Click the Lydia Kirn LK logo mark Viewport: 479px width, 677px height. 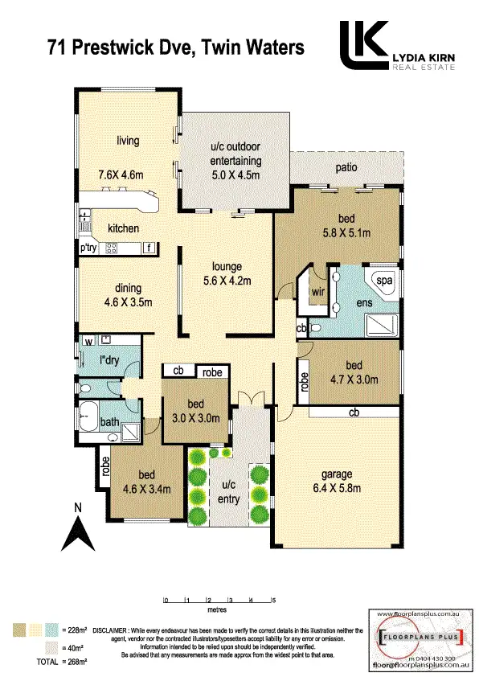tap(362, 46)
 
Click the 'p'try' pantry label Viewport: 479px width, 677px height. tap(88, 248)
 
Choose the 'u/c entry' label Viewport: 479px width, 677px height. tap(229, 492)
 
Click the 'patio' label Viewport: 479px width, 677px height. tap(347, 167)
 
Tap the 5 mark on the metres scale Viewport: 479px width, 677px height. tap(274, 600)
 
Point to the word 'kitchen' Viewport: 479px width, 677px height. tap(124, 228)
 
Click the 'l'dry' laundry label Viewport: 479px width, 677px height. tap(109, 361)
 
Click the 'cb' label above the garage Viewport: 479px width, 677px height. tap(354, 412)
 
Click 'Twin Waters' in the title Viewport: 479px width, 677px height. tap(256, 48)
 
